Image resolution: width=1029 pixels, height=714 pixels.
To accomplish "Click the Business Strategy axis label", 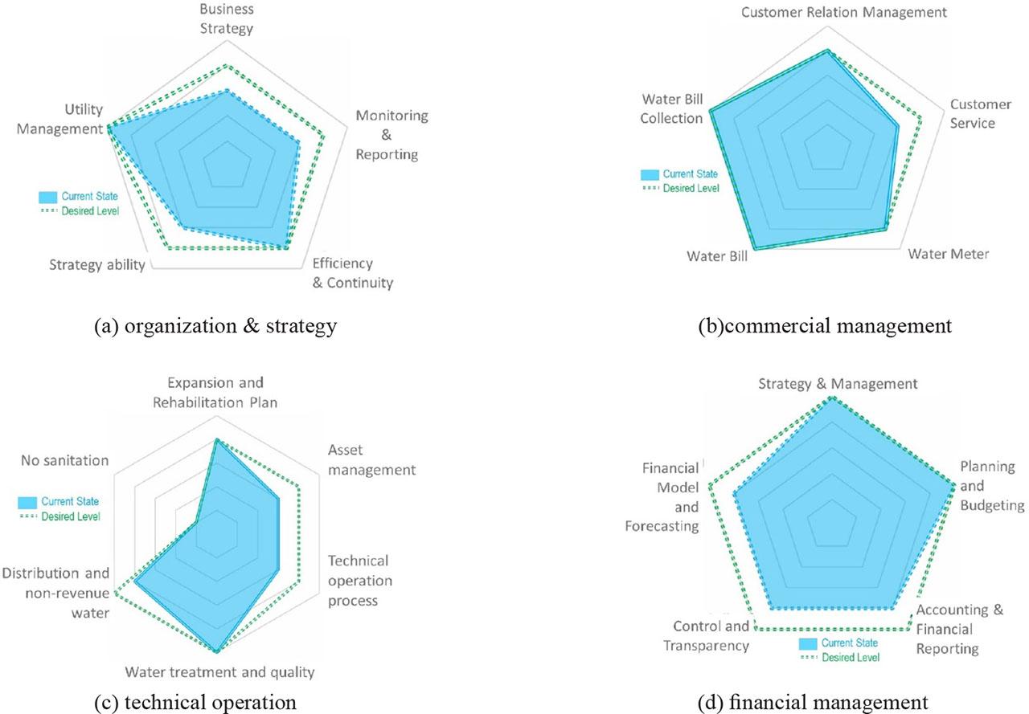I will (226, 19).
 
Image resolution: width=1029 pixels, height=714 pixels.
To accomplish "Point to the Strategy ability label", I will (96, 266).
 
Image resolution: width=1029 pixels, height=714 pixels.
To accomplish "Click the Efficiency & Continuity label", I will (352, 273).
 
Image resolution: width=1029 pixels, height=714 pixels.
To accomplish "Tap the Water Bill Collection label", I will (672, 108).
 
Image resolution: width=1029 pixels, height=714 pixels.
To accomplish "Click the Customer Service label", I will (980, 113).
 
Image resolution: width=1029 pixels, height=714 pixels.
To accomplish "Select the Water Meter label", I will (948, 254).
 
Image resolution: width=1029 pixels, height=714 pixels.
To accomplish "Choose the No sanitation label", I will (64, 460).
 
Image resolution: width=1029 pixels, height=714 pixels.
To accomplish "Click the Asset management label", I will (371, 460).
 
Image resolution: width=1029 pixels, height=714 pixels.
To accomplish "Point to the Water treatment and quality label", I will (219, 672).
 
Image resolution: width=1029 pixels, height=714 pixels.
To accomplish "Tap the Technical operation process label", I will (358, 580).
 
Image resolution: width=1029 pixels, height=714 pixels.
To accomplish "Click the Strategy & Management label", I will (838, 384).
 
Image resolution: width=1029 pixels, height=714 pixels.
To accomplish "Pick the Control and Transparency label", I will (711, 636).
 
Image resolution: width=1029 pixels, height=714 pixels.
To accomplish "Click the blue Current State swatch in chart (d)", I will (807, 643).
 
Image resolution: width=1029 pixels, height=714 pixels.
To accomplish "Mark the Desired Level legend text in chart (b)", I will (691, 188).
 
